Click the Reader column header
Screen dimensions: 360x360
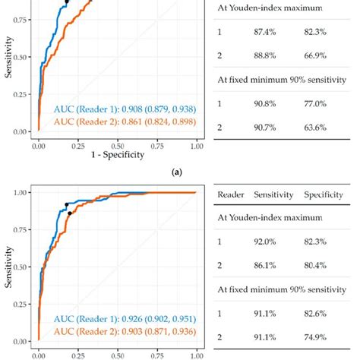tap(231, 195)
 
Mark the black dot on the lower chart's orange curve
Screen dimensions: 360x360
tap(70, 213)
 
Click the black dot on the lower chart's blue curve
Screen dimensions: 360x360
tap(66, 204)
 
